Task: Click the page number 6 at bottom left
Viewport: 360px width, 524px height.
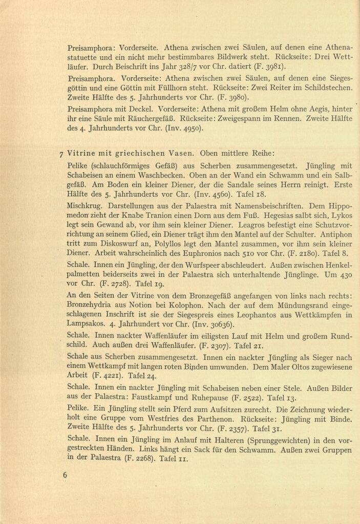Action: pyautogui.click(x=65, y=475)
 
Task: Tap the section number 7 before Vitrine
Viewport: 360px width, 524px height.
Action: pyautogui.click(x=61, y=153)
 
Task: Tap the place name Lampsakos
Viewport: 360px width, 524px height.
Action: pyautogui.click(x=88, y=325)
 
